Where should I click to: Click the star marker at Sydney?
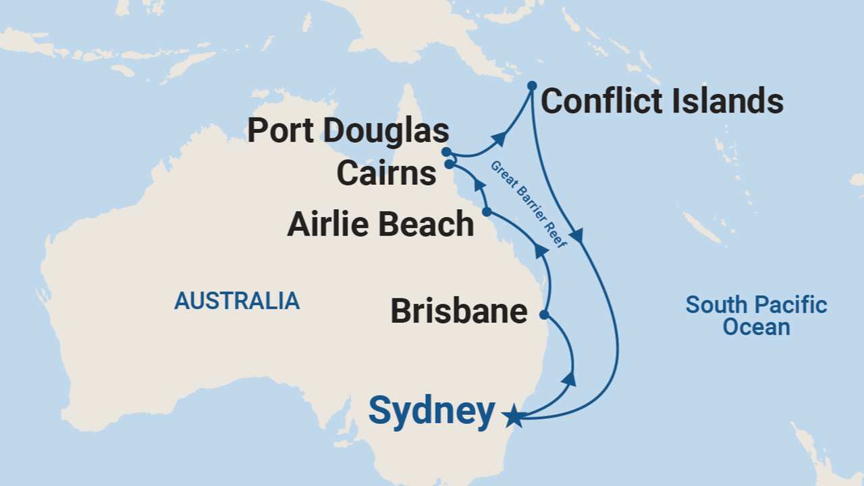point(514,416)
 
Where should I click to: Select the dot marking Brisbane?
point(544,315)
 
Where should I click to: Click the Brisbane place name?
point(459,312)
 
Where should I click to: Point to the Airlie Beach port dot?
point(487,212)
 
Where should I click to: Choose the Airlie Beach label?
point(381,224)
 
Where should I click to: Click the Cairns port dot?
point(449,164)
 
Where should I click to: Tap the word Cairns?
point(386,173)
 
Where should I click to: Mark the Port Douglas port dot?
point(446,151)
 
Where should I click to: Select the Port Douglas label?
point(348,131)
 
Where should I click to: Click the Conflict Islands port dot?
point(532,85)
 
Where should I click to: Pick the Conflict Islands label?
point(662,102)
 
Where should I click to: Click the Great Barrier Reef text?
point(529,204)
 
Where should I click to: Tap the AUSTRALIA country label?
point(237,301)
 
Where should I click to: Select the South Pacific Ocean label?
point(756,316)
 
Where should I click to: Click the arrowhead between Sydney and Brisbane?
point(569,379)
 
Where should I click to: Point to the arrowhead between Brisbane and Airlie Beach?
point(541,250)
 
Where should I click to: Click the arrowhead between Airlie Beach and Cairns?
point(479,184)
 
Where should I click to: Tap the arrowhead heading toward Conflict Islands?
point(500,138)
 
